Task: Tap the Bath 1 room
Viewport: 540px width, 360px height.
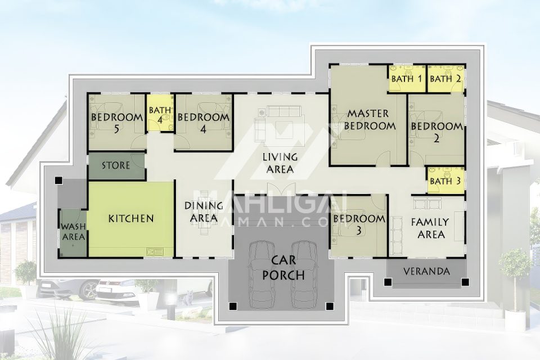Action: (x=407, y=78)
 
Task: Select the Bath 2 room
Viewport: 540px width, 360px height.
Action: (x=445, y=78)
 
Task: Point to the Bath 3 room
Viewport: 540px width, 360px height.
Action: (x=445, y=180)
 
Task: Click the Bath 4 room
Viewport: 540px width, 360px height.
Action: (x=160, y=113)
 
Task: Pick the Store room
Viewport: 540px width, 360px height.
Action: (x=116, y=166)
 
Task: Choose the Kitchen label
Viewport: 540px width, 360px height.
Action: (x=131, y=218)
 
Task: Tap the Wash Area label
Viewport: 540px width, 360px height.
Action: (x=73, y=232)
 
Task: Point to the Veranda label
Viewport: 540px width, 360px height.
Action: (x=426, y=272)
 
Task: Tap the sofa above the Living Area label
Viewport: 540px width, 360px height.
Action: (x=284, y=111)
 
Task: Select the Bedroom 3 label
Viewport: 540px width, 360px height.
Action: (x=359, y=224)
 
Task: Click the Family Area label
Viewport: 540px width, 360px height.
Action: (x=430, y=228)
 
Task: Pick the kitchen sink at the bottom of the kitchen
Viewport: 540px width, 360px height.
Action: (x=155, y=251)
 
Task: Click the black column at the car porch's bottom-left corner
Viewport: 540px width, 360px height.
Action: (x=233, y=305)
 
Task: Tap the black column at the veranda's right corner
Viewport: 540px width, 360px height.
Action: (x=465, y=282)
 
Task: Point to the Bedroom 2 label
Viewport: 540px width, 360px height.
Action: (x=436, y=132)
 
